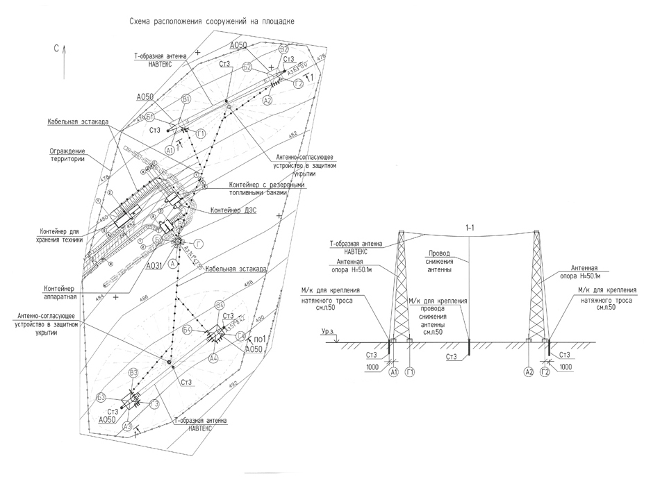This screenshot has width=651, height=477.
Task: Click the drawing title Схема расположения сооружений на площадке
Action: pos(212,22)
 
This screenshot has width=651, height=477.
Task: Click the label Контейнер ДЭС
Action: pos(234,209)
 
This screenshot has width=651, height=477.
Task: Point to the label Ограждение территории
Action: pos(67,154)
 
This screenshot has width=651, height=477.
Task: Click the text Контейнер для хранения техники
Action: pos(61,235)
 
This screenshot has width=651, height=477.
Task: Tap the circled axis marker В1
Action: pos(186,100)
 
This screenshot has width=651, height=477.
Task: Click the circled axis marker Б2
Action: pos(247,67)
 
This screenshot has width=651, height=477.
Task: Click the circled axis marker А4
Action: pos(213,358)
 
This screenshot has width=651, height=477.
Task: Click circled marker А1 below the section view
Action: pos(394,372)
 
